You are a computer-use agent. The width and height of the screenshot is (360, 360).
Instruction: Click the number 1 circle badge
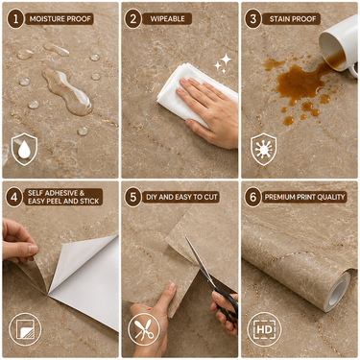point(15,19)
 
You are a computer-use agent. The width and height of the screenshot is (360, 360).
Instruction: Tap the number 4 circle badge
point(14,197)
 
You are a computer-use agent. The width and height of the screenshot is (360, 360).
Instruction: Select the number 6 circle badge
point(253,197)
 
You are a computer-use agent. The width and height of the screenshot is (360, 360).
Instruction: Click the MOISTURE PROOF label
point(60,19)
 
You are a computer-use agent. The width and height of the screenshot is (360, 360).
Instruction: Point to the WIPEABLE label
point(167,19)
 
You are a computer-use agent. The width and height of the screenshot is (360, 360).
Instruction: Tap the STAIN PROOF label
point(293,19)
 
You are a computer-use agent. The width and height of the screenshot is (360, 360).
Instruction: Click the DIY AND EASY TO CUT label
point(181,197)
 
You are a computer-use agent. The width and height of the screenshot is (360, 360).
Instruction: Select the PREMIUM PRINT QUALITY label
point(305,197)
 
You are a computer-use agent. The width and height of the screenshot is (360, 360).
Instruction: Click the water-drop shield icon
point(24,150)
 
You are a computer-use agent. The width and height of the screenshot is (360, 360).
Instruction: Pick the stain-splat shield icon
point(264,150)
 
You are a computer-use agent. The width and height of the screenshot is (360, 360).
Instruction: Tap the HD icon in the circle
point(264,329)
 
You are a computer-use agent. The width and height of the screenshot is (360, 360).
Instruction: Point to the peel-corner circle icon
point(25,329)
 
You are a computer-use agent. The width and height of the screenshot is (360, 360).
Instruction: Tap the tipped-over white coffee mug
point(340,46)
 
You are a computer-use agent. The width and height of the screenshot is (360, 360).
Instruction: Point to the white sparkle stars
point(223,63)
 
